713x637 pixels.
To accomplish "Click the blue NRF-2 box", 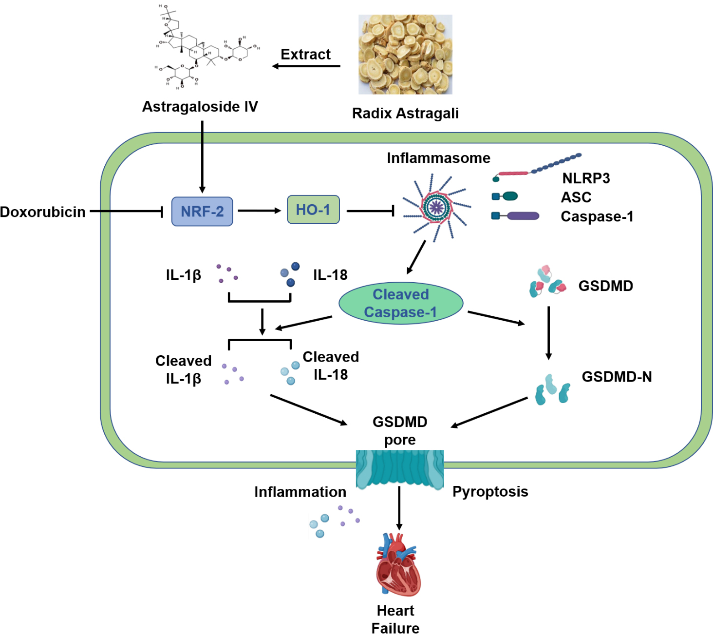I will [x=202, y=212].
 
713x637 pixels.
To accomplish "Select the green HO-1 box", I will [x=313, y=210].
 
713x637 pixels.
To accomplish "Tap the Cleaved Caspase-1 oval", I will [x=400, y=303].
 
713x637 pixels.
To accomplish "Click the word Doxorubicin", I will [x=43, y=212].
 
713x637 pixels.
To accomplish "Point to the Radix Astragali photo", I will [x=405, y=54].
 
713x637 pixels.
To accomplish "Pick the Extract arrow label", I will [x=305, y=54].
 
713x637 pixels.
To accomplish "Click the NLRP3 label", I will [x=586, y=178].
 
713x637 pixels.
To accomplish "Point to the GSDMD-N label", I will [x=617, y=377].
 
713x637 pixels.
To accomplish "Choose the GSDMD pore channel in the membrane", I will [x=400, y=469].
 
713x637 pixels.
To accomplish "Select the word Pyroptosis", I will [x=490, y=491].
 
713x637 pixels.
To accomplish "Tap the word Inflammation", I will [x=300, y=492].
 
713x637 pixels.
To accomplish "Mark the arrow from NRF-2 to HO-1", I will [x=259, y=211].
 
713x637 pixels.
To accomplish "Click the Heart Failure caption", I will [x=395, y=619].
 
